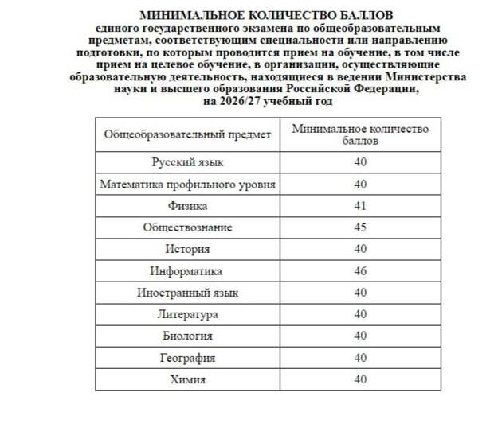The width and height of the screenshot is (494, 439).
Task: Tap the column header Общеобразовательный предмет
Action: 188,134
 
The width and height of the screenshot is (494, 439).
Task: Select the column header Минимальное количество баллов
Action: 360,134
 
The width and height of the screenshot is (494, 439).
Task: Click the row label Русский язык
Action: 188,162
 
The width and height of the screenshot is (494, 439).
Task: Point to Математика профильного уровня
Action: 188,185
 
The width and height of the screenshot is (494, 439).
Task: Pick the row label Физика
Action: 188,206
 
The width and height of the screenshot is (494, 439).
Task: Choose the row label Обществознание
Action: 188,227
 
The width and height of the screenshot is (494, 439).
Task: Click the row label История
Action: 188,249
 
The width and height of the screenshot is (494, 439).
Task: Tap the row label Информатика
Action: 188,271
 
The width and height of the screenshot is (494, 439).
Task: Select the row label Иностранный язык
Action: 188,293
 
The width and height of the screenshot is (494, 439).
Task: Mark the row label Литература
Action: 188,315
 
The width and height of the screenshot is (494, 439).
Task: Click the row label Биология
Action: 188,336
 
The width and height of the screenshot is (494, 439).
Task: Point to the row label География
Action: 188,358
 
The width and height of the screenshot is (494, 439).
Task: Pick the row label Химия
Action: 188,379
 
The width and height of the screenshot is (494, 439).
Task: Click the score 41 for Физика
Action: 360,206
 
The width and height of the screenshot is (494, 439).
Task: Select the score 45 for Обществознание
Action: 360,227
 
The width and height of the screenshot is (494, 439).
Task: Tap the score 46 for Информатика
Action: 360,271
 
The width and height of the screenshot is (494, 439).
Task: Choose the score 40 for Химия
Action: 360,379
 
